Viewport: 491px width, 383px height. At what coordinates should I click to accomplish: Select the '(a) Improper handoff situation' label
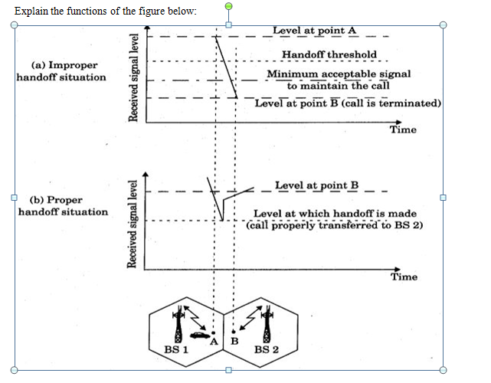click(61, 71)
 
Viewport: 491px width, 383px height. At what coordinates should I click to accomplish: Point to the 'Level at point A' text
click(314, 31)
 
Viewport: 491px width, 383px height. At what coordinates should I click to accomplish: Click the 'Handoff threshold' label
click(329, 54)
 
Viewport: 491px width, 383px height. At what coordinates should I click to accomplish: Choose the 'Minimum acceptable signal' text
click(338, 74)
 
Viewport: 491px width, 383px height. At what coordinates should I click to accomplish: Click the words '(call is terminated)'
click(391, 103)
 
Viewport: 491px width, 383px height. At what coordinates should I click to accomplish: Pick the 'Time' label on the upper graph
click(403, 129)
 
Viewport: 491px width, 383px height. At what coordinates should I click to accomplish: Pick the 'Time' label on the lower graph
click(404, 277)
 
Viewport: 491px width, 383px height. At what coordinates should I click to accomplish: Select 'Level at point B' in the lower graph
click(316, 185)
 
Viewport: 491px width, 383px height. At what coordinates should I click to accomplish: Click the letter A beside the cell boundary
click(216, 340)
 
